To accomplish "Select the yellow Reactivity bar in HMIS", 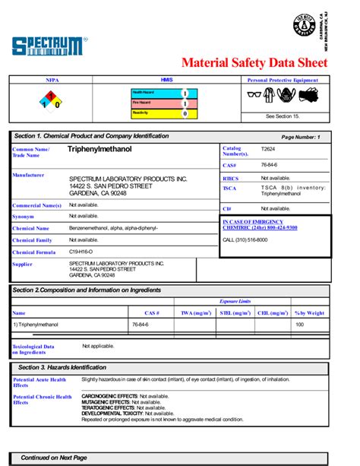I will point(159,113).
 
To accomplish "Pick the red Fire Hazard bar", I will point(159,103).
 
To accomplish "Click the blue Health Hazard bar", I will point(159,93).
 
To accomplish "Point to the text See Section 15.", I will point(283,116).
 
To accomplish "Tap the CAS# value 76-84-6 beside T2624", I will point(269,165).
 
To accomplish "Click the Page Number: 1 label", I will point(301,137).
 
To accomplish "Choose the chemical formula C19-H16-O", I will point(81,252).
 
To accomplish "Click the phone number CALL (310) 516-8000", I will point(245,239).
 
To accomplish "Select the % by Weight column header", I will point(309,312).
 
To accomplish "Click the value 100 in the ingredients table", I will point(299,324).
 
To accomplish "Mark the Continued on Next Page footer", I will point(53,458).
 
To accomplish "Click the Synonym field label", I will point(23,217).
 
